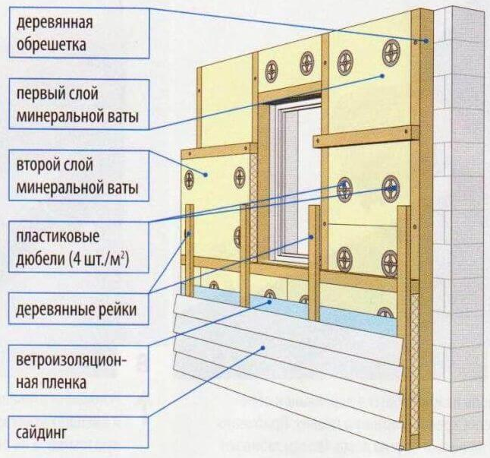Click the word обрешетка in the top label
52,45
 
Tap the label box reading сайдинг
79,432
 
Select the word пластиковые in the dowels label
58,236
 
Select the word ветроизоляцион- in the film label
71,361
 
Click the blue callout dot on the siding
263,348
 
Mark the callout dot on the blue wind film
269,302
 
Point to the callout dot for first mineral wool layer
382,76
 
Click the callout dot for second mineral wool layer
206,175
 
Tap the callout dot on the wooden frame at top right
426,41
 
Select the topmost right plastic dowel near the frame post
391,52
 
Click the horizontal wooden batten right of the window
366,137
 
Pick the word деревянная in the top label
55,23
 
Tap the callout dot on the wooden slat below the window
311,237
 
